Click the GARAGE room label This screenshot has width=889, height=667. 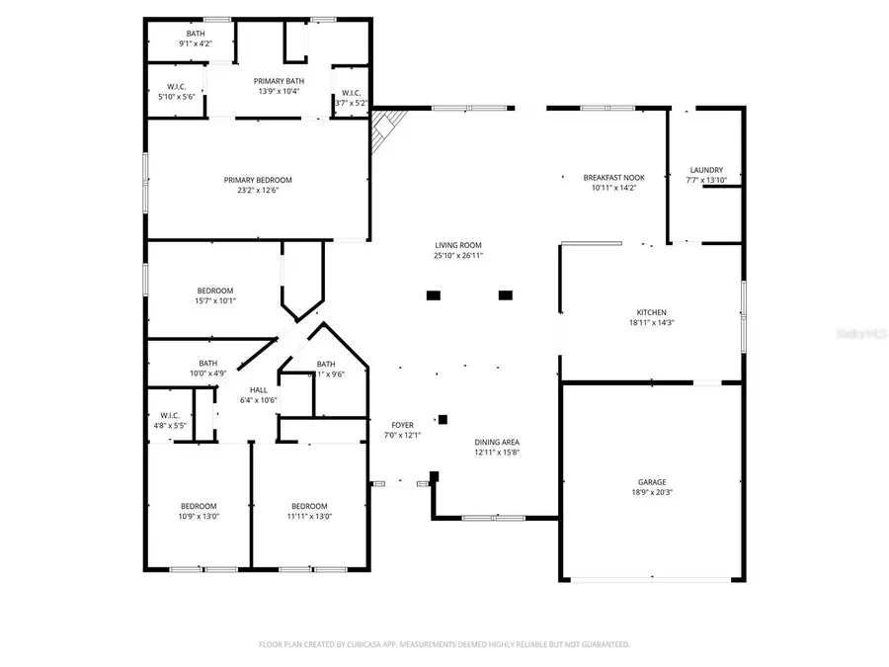click(x=651, y=482)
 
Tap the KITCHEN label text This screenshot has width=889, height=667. click(x=651, y=312)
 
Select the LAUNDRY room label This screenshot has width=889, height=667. click(x=705, y=170)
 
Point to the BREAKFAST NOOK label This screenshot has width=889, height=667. click(x=613, y=177)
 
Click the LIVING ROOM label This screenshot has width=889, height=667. click(x=458, y=245)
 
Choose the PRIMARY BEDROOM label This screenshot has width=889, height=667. click(x=258, y=180)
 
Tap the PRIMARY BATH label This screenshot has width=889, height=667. click(x=279, y=81)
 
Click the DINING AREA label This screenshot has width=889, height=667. click(x=497, y=442)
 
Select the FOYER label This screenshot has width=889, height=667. click(x=402, y=425)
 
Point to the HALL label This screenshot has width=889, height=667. click(x=258, y=390)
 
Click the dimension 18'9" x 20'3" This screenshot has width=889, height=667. click(x=651, y=492)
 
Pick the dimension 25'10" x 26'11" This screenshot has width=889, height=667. click(x=458, y=255)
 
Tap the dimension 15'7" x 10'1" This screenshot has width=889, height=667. click(x=214, y=300)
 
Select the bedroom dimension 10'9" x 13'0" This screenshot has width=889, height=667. click(x=199, y=516)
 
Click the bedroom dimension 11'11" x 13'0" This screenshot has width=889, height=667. click(x=309, y=516)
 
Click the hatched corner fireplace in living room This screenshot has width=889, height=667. click(x=388, y=128)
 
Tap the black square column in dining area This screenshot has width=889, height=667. click(x=443, y=419)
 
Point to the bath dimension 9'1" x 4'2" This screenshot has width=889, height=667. click(x=196, y=43)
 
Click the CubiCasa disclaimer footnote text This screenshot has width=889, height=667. click(x=444, y=644)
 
